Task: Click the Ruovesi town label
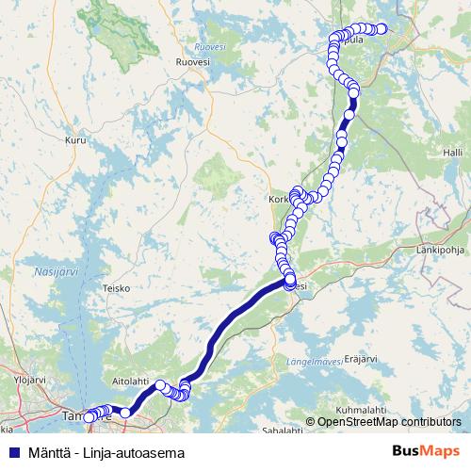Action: [191, 61]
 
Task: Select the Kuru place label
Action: [75, 141]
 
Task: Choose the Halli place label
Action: [454, 151]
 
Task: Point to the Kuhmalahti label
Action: [360, 410]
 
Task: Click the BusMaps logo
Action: [427, 452]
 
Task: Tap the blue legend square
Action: [14, 452]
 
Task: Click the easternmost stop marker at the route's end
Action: [382, 28]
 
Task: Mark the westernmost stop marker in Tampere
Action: [89, 417]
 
